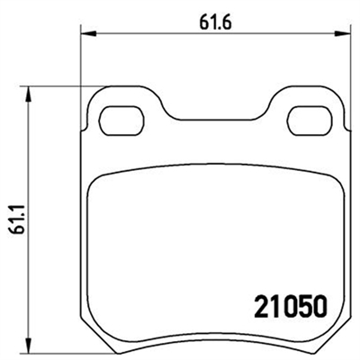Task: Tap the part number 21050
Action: tap(283, 305)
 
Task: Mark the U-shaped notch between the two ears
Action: tap(212, 115)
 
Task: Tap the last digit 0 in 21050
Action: tap(316, 305)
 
